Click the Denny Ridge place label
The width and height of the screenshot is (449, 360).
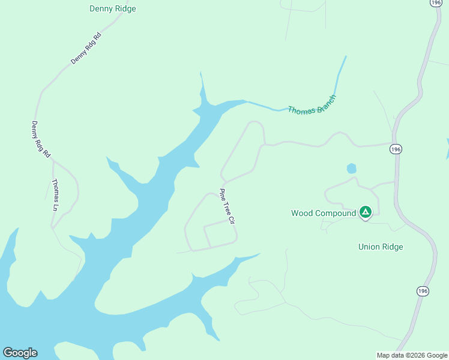(x=112, y=9)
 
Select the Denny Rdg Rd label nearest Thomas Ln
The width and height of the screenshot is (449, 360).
(x=41, y=139)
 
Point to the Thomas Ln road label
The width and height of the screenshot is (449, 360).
(x=56, y=194)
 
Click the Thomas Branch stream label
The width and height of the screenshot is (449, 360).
(x=311, y=105)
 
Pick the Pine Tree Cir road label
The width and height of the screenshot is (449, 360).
(x=226, y=206)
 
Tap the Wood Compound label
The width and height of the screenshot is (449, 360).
(x=324, y=213)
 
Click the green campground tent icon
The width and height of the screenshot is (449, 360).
(x=365, y=212)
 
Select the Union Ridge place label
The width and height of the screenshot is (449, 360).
(x=381, y=247)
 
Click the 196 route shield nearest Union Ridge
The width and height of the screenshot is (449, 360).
(x=423, y=291)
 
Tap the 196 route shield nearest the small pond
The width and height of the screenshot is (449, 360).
(x=395, y=149)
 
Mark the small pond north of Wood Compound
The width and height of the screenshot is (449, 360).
(x=351, y=169)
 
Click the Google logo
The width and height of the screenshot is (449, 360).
(x=20, y=353)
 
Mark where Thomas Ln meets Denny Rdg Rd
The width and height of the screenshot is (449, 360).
(x=53, y=161)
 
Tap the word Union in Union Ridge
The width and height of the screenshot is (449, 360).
(x=369, y=247)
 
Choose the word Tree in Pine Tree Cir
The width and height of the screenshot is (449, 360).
(x=226, y=208)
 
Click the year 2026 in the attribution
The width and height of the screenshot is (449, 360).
(x=418, y=355)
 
